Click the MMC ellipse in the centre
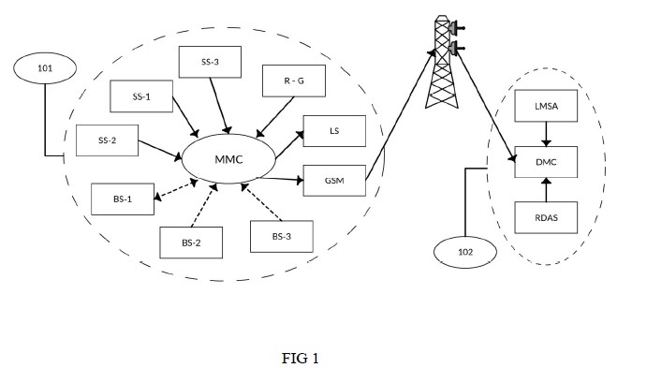(228, 159)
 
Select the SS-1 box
(141, 96)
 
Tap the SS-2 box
(108, 140)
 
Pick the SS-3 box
(210, 62)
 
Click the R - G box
(294, 81)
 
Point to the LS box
(334, 131)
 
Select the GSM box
(334, 181)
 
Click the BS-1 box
(123, 199)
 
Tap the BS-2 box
(191, 243)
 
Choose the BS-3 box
(282, 236)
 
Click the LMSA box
(546, 106)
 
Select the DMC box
(546, 162)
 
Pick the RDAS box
(546, 217)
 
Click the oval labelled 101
(45, 68)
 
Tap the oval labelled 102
(465, 252)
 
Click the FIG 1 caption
(301, 358)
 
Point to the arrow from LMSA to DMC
(546, 134)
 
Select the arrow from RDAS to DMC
(546, 190)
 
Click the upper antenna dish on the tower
(455, 28)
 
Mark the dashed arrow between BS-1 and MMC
(176, 190)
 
